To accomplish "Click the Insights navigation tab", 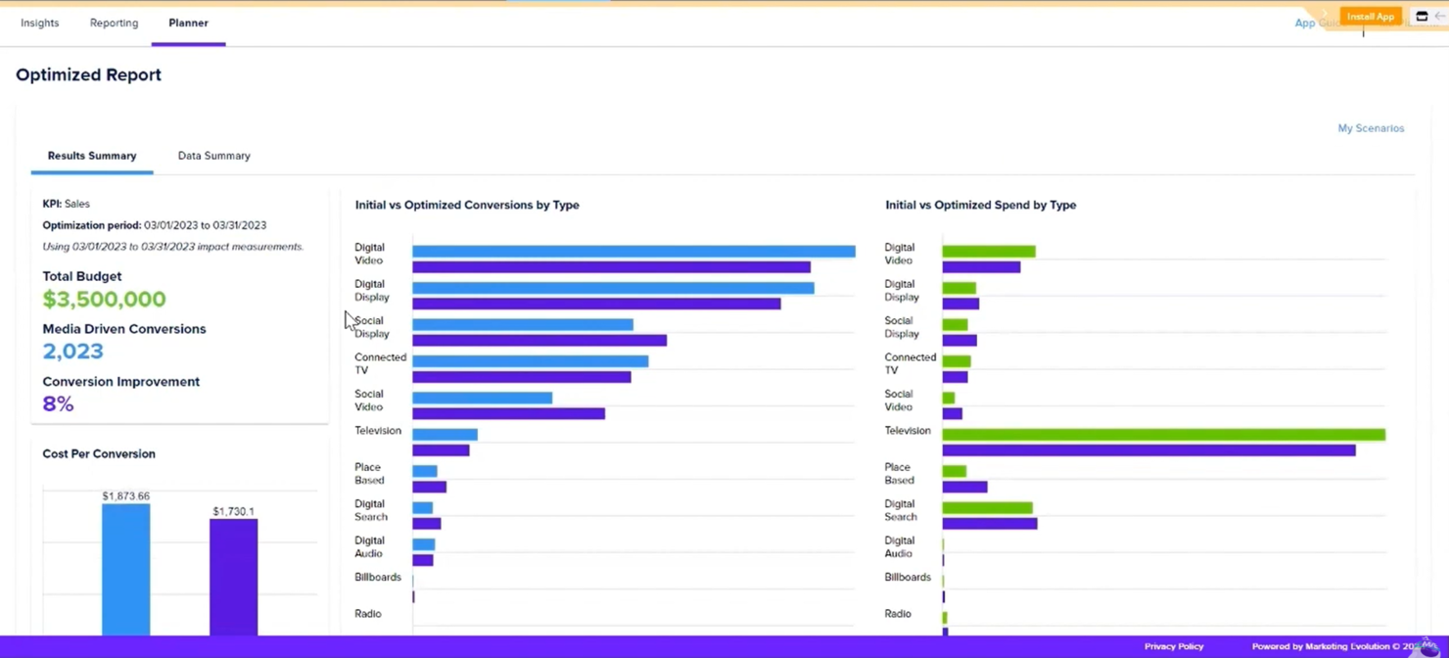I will pos(39,23).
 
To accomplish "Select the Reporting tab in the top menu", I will pos(114,23).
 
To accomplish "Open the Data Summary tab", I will pos(213,156).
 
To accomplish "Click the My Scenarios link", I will pos(1370,128).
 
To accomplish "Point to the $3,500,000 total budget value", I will pos(104,299).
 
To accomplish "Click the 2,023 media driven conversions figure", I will pos(72,352).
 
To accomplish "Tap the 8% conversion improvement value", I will pos(58,403).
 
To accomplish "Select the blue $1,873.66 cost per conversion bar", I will pos(125,569).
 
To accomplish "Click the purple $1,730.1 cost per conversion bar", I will pos(233,577).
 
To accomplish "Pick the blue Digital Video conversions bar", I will pos(632,252).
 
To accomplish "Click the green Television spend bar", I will pos(1163,435).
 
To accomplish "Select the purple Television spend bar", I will pos(1148,450).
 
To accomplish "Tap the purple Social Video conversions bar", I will pos(508,414).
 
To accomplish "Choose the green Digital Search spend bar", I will pos(987,508).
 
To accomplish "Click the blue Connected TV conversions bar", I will pos(530,361).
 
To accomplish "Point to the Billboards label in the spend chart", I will pos(907,577).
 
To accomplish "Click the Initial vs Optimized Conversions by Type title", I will pos(467,205).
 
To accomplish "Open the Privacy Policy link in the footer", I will pos(1173,646).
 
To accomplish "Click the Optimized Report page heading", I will pos(88,74).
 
